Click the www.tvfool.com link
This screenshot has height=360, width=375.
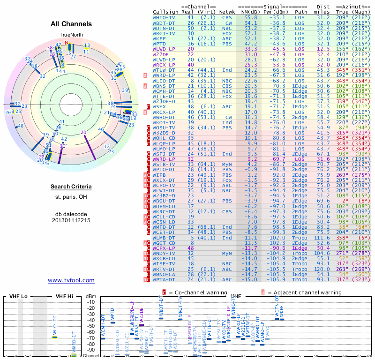click(x=71, y=280)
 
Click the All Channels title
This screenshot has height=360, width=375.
click(x=71, y=24)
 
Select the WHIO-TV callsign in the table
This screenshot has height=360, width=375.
click(x=164, y=17)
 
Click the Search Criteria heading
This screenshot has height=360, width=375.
click(x=71, y=187)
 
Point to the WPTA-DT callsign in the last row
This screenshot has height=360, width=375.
click(x=164, y=279)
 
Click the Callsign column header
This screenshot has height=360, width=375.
click(x=165, y=11)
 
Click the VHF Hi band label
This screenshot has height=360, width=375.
click(x=65, y=296)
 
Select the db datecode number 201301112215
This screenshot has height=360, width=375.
click(x=71, y=220)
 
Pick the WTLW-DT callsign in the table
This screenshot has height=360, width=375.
click(x=164, y=70)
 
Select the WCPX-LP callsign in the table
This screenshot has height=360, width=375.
click(x=164, y=247)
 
